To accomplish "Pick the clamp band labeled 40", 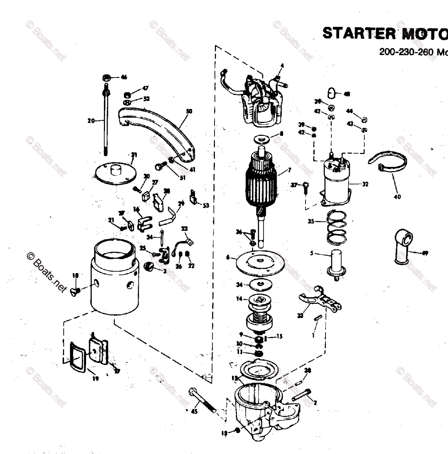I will [388, 167].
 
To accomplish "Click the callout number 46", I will [124, 77].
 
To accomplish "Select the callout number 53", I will [206, 205].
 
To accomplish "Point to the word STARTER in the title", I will [354, 33].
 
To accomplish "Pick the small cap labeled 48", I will [332, 92].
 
